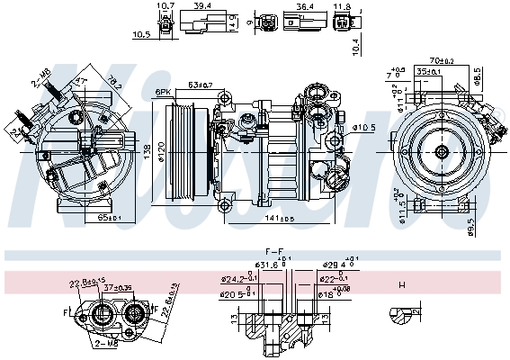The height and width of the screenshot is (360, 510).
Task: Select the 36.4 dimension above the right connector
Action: [x=304, y=5]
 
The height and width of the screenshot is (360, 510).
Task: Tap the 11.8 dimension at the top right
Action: [x=341, y=6]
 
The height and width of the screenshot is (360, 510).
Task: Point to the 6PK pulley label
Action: [x=163, y=93]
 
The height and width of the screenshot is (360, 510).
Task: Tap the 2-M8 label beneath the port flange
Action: [x=104, y=343]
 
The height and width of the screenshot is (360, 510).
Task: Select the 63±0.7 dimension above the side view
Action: [x=200, y=85]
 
